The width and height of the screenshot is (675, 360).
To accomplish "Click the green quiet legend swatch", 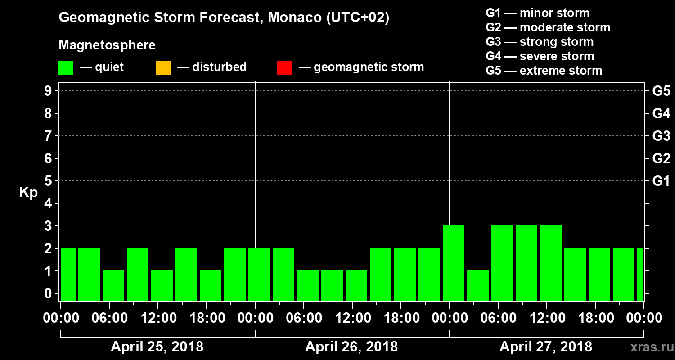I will click(x=66, y=68).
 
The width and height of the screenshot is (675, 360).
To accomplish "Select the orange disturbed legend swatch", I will click(x=163, y=68).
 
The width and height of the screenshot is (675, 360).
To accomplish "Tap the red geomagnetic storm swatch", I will click(x=284, y=68).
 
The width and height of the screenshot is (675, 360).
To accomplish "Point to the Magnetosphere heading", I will click(x=107, y=45).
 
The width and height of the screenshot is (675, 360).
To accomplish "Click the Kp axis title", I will click(x=28, y=193).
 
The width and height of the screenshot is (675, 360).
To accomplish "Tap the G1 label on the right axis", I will click(x=661, y=181).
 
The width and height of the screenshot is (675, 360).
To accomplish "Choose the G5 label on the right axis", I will click(x=661, y=91).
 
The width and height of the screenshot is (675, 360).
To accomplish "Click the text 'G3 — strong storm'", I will click(x=540, y=42).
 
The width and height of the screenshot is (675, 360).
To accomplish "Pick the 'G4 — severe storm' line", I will click(x=540, y=56).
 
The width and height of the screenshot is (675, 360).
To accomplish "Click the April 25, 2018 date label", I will click(x=157, y=347).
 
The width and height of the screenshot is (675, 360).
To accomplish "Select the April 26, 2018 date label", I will click(x=351, y=347).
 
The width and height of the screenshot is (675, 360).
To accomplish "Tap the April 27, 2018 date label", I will click(x=546, y=347).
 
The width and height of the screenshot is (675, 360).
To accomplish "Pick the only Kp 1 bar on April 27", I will click(x=478, y=285).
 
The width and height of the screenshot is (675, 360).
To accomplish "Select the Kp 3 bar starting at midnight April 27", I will click(x=454, y=263).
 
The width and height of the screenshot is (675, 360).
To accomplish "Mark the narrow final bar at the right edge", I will click(x=640, y=274).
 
